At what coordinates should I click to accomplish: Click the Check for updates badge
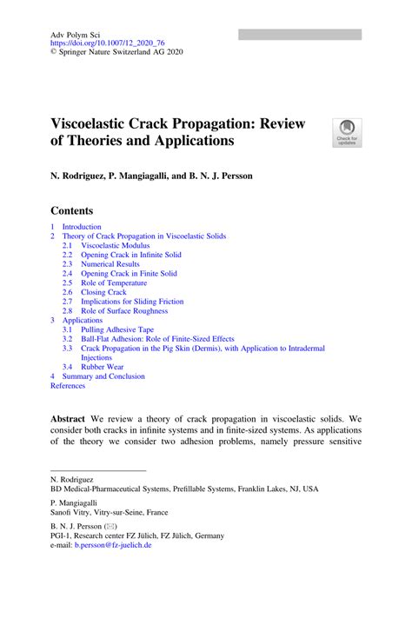coord(346,132)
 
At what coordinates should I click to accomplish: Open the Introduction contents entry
coord(81,227)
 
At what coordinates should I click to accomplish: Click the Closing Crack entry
coord(103,292)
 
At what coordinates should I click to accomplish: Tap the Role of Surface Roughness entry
coord(125,310)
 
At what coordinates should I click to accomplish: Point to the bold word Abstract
coord(68,418)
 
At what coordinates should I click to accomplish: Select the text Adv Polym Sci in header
coord(76,32)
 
